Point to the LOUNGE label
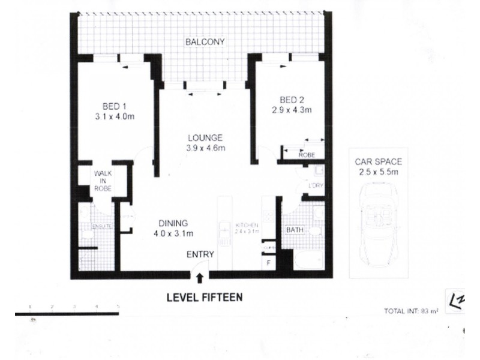[x=205, y=136]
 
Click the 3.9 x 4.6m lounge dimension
[x=205, y=148]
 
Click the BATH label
[x=293, y=229]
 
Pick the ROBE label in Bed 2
[x=307, y=154]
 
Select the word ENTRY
[x=199, y=255]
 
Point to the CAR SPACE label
[x=378, y=161]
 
